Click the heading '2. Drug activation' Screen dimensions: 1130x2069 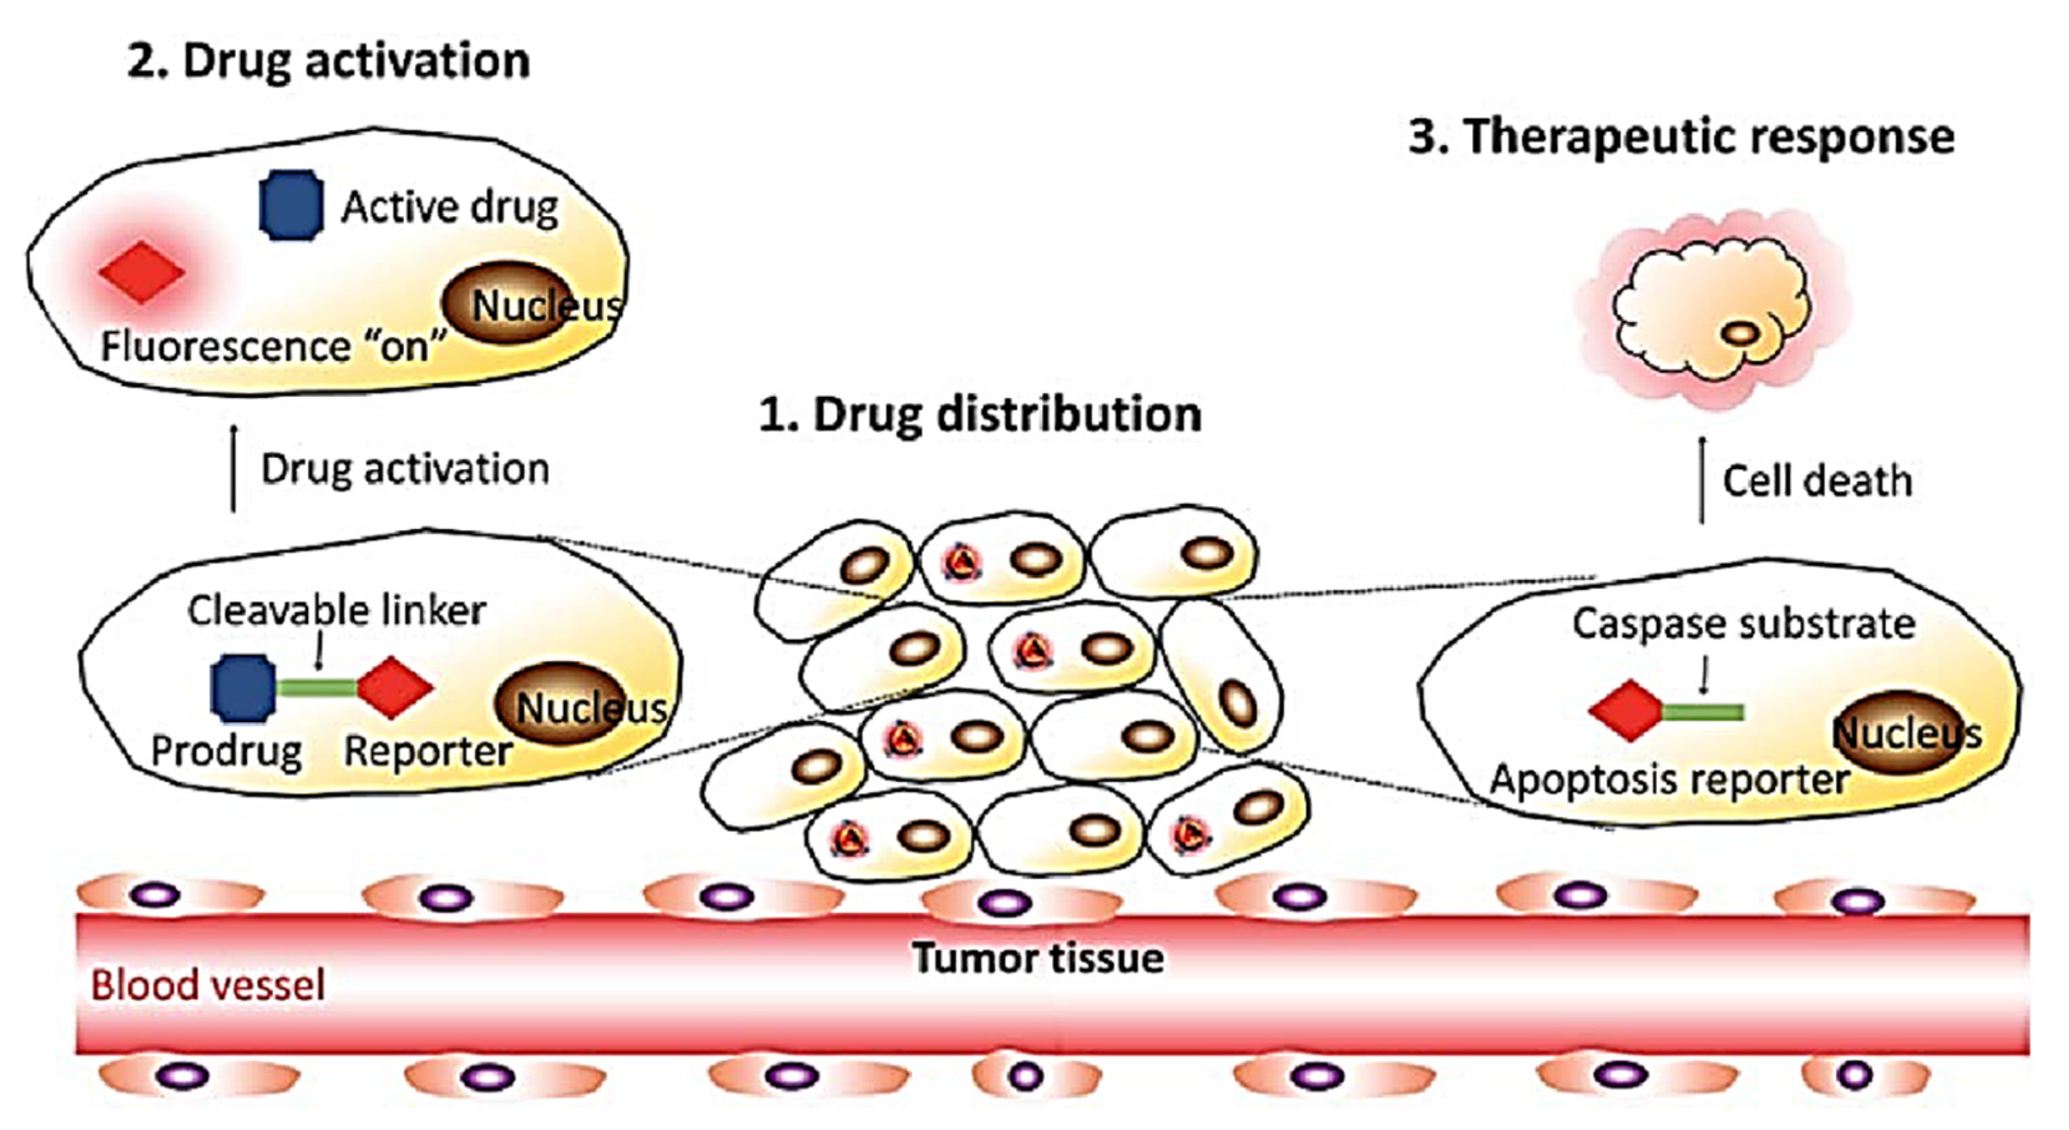328,61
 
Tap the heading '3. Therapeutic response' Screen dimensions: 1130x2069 1681,136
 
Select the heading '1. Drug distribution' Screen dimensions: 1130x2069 980,415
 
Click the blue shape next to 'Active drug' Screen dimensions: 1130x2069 291,205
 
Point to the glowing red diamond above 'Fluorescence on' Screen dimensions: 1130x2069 142,272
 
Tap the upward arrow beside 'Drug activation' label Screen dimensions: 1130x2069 234,469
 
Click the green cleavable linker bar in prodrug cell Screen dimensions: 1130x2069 317,688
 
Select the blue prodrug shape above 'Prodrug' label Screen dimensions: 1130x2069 242,688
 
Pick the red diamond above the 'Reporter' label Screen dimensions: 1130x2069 394,688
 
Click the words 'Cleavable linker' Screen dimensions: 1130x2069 337,611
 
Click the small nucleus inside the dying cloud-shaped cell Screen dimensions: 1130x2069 1741,333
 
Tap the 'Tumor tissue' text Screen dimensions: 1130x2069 1038,959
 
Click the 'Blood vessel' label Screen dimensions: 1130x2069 208,985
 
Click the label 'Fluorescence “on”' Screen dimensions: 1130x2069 272,348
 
